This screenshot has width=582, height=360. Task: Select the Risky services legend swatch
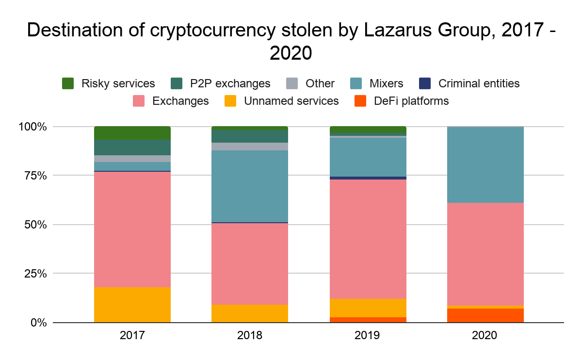coord(68,83)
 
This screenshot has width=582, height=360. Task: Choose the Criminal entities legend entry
coord(479,83)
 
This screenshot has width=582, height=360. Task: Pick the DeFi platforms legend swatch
coord(360,101)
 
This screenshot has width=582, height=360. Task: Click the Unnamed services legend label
coord(291,101)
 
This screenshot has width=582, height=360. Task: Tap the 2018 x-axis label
coord(250,335)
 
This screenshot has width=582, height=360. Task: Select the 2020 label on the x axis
coord(485,335)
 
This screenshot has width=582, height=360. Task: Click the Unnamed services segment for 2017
coord(132,305)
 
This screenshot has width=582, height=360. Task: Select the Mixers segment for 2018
coord(250,186)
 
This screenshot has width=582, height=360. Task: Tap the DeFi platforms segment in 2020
coord(485,315)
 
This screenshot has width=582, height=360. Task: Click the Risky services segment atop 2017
coord(132,133)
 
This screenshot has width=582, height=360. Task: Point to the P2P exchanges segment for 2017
coord(132,147)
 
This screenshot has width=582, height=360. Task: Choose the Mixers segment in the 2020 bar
coord(485,165)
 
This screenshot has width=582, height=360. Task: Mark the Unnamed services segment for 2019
coord(368,308)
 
